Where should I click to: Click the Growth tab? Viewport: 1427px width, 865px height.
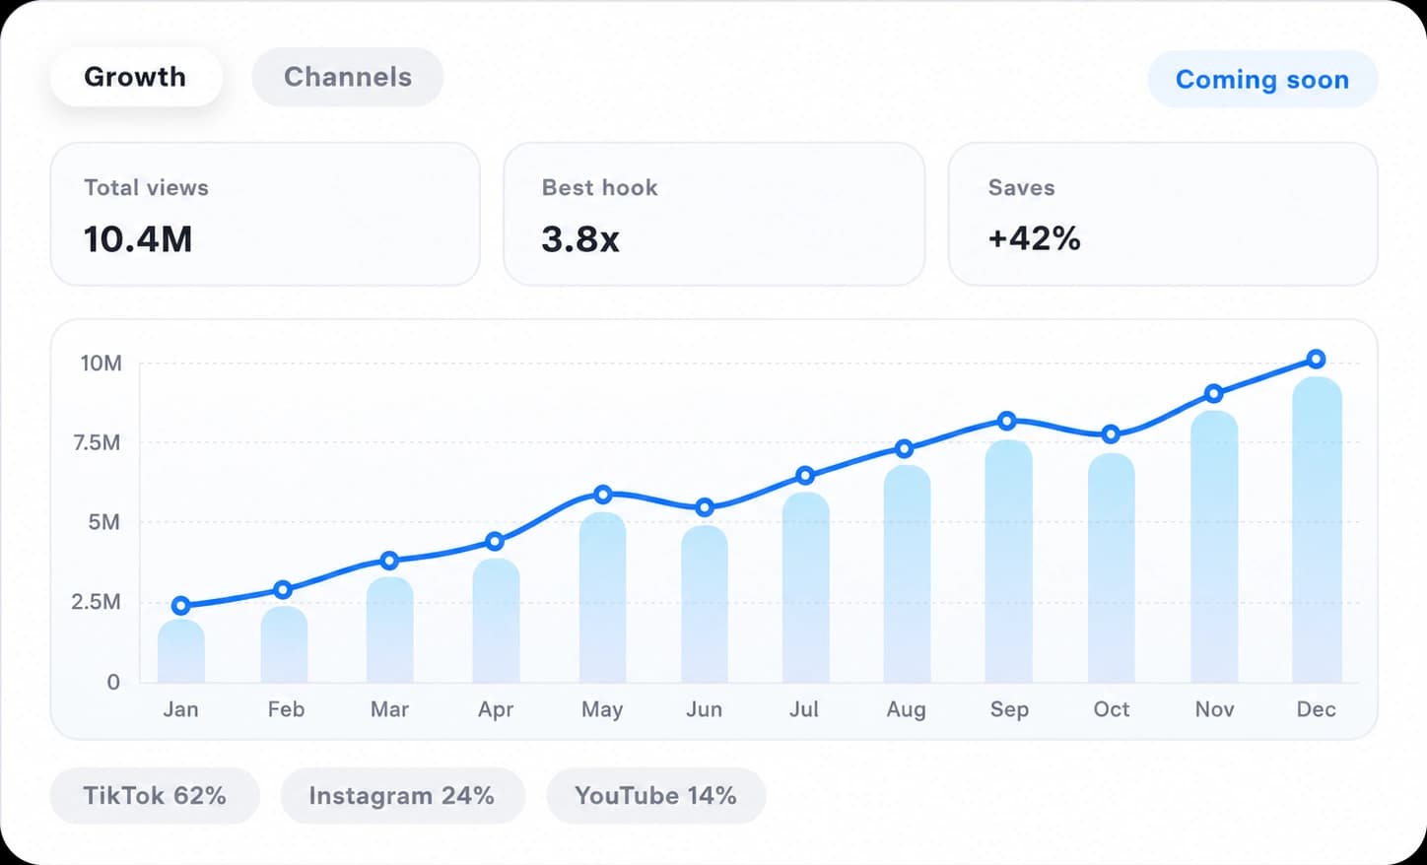tap(136, 77)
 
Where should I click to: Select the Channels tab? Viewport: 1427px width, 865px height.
tap(348, 77)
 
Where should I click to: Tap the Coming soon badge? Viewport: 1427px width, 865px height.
tap(1262, 80)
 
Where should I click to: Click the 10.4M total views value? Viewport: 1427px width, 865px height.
tap(138, 239)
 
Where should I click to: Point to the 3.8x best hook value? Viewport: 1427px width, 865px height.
tap(580, 239)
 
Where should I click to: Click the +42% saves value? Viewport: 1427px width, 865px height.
tap(1035, 238)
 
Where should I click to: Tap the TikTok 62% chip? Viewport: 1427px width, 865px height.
tap(155, 796)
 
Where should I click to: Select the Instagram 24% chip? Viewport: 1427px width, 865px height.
tap(403, 796)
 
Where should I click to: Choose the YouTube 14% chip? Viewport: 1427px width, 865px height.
tap(656, 796)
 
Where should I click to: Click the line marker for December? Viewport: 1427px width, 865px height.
tap(1317, 360)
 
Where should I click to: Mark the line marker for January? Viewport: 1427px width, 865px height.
tap(181, 605)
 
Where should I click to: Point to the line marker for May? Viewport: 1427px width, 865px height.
tap(603, 495)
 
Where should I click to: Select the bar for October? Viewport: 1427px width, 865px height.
tap(1111, 567)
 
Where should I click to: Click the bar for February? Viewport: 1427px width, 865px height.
tap(284, 644)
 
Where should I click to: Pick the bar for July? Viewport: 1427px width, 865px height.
tap(806, 587)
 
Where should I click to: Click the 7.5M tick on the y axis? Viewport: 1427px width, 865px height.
tap(97, 442)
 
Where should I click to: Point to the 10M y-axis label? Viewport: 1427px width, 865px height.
tap(101, 364)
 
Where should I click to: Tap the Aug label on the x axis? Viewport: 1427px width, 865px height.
tap(906, 709)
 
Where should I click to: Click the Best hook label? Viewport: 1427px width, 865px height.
tap(599, 188)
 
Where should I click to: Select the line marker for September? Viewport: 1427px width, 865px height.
tap(1007, 421)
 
